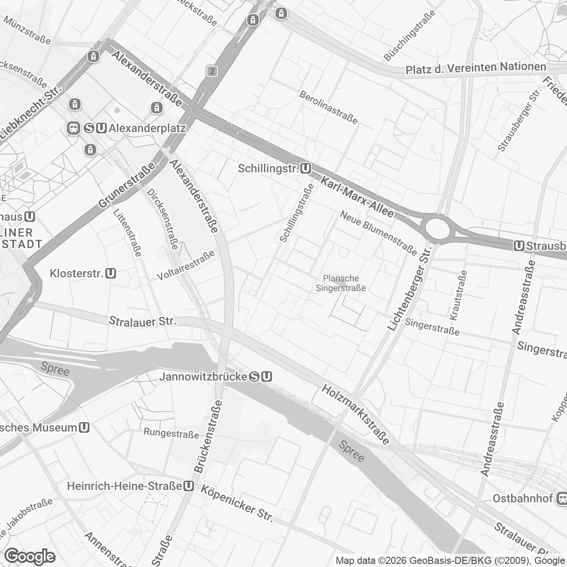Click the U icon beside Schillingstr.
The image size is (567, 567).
[x=306, y=169]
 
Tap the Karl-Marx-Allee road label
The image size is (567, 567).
[x=357, y=197]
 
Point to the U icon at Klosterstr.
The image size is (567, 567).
[x=111, y=273]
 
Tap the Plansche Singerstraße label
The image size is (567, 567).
[x=341, y=283]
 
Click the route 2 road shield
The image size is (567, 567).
[x=212, y=71]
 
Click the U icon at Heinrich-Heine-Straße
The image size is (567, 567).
[x=189, y=486]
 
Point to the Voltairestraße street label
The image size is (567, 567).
[x=186, y=265]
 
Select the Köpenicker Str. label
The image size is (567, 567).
[x=237, y=503]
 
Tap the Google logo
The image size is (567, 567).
[x=30, y=555]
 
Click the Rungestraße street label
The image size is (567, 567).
[x=171, y=433]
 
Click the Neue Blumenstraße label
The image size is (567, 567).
[x=378, y=233]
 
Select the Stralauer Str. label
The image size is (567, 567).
[x=143, y=321]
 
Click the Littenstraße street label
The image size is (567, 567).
[x=127, y=233]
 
